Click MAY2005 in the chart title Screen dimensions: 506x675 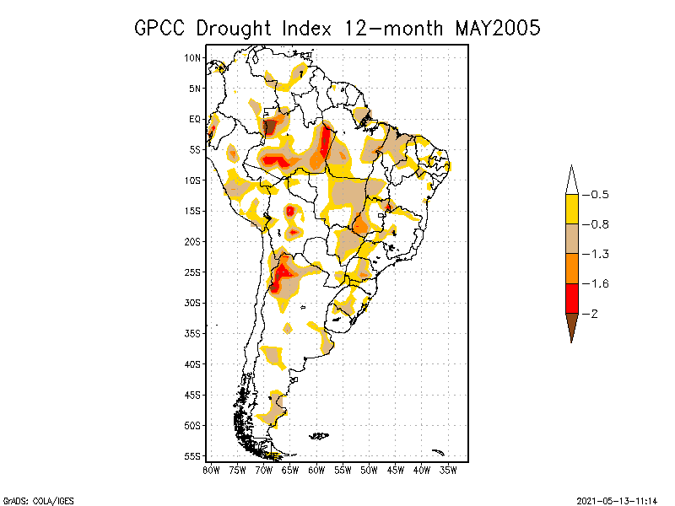click(497, 28)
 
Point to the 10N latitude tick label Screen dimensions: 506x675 click(193, 58)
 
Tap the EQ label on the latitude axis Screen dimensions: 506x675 click(195, 119)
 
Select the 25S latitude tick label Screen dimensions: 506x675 click(193, 272)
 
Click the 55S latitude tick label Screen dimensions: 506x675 click(193, 456)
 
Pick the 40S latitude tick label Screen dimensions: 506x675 click(193, 364)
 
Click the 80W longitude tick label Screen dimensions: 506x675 click(211, 470)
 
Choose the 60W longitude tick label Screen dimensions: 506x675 click(317, 470)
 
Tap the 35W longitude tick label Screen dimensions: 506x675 click(449, 470)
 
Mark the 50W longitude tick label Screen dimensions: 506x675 click(370, 470)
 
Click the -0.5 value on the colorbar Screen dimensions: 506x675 click(599, 195)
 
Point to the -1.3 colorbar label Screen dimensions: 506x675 click(599, 254)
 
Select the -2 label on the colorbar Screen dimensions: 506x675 click(594, 314)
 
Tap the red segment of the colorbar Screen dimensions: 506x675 click(571, 298)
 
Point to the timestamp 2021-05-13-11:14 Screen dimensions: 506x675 click(618, 499)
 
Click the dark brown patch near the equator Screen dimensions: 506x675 click(270, 127)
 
